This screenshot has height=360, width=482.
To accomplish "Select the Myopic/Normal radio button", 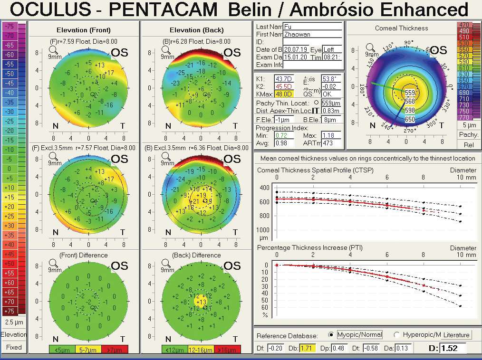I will click(331, 334).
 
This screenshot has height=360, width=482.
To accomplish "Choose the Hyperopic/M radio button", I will click(396, 334).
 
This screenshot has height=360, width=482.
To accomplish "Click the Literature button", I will click(456, 335).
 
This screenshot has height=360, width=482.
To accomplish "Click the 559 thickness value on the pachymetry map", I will click(410, 93).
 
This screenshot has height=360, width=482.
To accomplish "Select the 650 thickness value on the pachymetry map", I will click(410, 119).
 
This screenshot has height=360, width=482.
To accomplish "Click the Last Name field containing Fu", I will click(312, 26).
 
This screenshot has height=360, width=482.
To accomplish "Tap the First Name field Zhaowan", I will click(312, 34).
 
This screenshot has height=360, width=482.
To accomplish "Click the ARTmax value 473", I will click(332, 143).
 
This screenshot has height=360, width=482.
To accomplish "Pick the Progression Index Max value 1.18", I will click(332, 135).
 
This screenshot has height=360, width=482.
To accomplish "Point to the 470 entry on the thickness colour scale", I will click(463, 25).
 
